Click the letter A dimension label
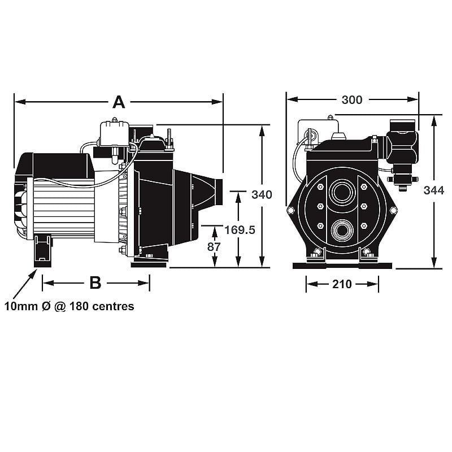[119, 102]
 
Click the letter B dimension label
[95, 282]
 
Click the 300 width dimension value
[352, 99]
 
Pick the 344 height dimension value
[434, 190]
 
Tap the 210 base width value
[342, 284]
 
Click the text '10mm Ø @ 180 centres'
[69, 306]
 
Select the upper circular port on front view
[341, 193]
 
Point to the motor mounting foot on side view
[42, 251]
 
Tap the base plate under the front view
[342, 265]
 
